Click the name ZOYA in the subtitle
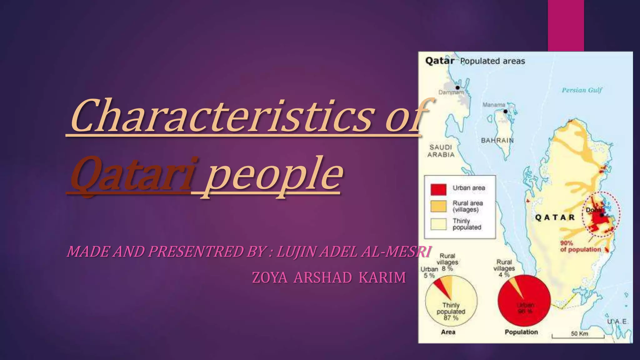tap(270, 277)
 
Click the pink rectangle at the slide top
tap(566, 25)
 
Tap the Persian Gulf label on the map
tap(582, 90)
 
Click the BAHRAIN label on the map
tap(497, 140)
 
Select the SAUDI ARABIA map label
tap(441, 151)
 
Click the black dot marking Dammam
tap(457, 87)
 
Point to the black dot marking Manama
tap(505, 111)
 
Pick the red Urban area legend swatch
tap(438, 189)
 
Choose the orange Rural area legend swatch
tap(438, 207)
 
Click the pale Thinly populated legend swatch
tap(438, 224)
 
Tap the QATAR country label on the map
tap(555, 217)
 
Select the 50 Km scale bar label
tap(579, 333)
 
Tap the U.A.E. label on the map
tap(617, 322)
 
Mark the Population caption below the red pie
tap(521, 332)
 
